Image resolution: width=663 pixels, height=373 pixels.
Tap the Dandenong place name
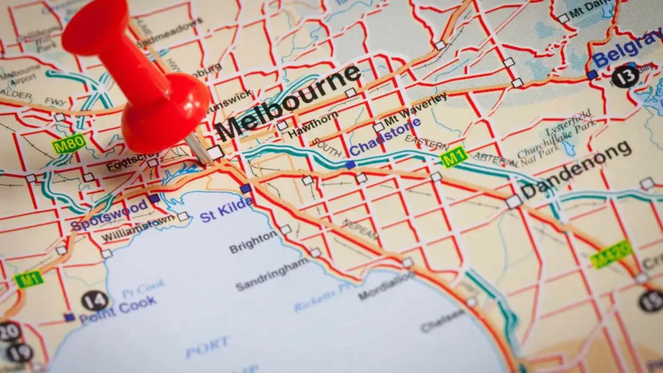coord(576,170)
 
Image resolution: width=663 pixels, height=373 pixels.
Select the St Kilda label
coord(226,210)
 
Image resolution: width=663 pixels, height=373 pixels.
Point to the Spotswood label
coord(109,217)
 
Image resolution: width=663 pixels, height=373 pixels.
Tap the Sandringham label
coord(272,275)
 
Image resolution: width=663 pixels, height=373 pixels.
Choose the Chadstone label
coord(385,137)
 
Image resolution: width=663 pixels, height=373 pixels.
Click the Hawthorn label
coord(313,123)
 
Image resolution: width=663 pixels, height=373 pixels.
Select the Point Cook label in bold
coord(118,308)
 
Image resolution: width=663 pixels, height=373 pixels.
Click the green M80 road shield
coord(69,144)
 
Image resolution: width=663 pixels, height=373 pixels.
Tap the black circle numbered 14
coord(95,300)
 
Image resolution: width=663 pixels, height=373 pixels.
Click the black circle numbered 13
coord(625,76)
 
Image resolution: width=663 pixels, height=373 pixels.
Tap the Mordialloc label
coord(387,285)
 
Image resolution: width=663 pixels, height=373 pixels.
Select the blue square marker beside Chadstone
coord(350,164)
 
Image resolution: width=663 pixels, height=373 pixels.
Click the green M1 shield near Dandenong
coord(454,157)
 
